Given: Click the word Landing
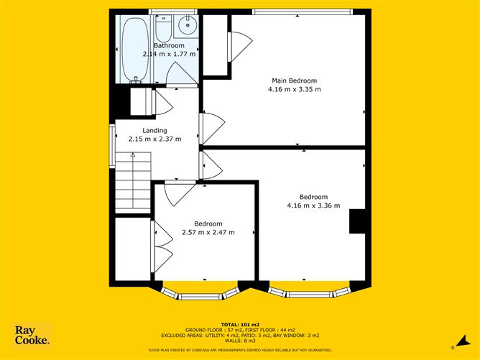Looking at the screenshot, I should (154, 130).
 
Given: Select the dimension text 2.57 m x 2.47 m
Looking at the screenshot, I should (208, 233).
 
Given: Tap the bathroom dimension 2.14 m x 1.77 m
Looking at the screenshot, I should (170, 54).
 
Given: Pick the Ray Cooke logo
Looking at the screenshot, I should (33, 336).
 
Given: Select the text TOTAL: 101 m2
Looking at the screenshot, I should (239, 324).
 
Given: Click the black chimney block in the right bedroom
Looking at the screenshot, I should (356, 221).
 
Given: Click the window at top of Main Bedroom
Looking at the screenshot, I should (302, 11).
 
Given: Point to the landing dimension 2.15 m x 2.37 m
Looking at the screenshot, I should (154, 139).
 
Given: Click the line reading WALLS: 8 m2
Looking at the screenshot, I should (240, 341).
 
